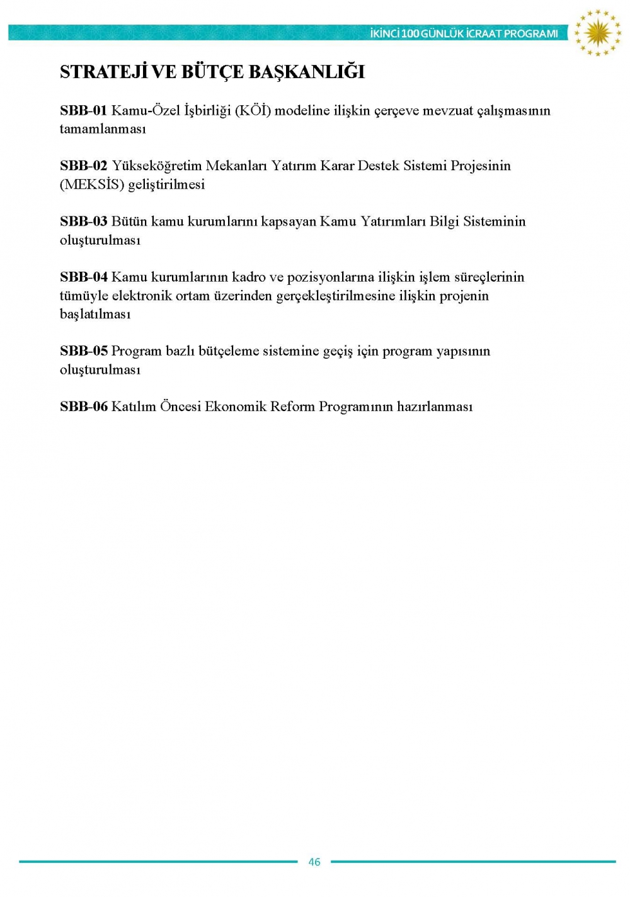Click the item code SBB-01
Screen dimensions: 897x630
tap(84, 111)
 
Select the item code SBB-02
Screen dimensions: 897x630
tap(84, 166)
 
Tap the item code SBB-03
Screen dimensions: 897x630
tap(84, 222)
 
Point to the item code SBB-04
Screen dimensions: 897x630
tap(84, 277)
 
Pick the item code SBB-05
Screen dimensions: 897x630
tap(84, 351)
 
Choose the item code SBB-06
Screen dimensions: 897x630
tap(84, 407)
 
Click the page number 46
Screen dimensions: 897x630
tap(314, 862)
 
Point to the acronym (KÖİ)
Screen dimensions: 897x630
tap(253, 111)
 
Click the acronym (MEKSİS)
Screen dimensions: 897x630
tap(92, 185)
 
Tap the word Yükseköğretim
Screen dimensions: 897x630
tap(156, 166)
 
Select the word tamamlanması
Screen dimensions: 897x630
tap(103, 129)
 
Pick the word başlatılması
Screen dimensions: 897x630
tap(95, 314)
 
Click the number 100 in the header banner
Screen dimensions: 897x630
tap(410, 33)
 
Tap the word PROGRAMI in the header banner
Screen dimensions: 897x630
tap(531, 33)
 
